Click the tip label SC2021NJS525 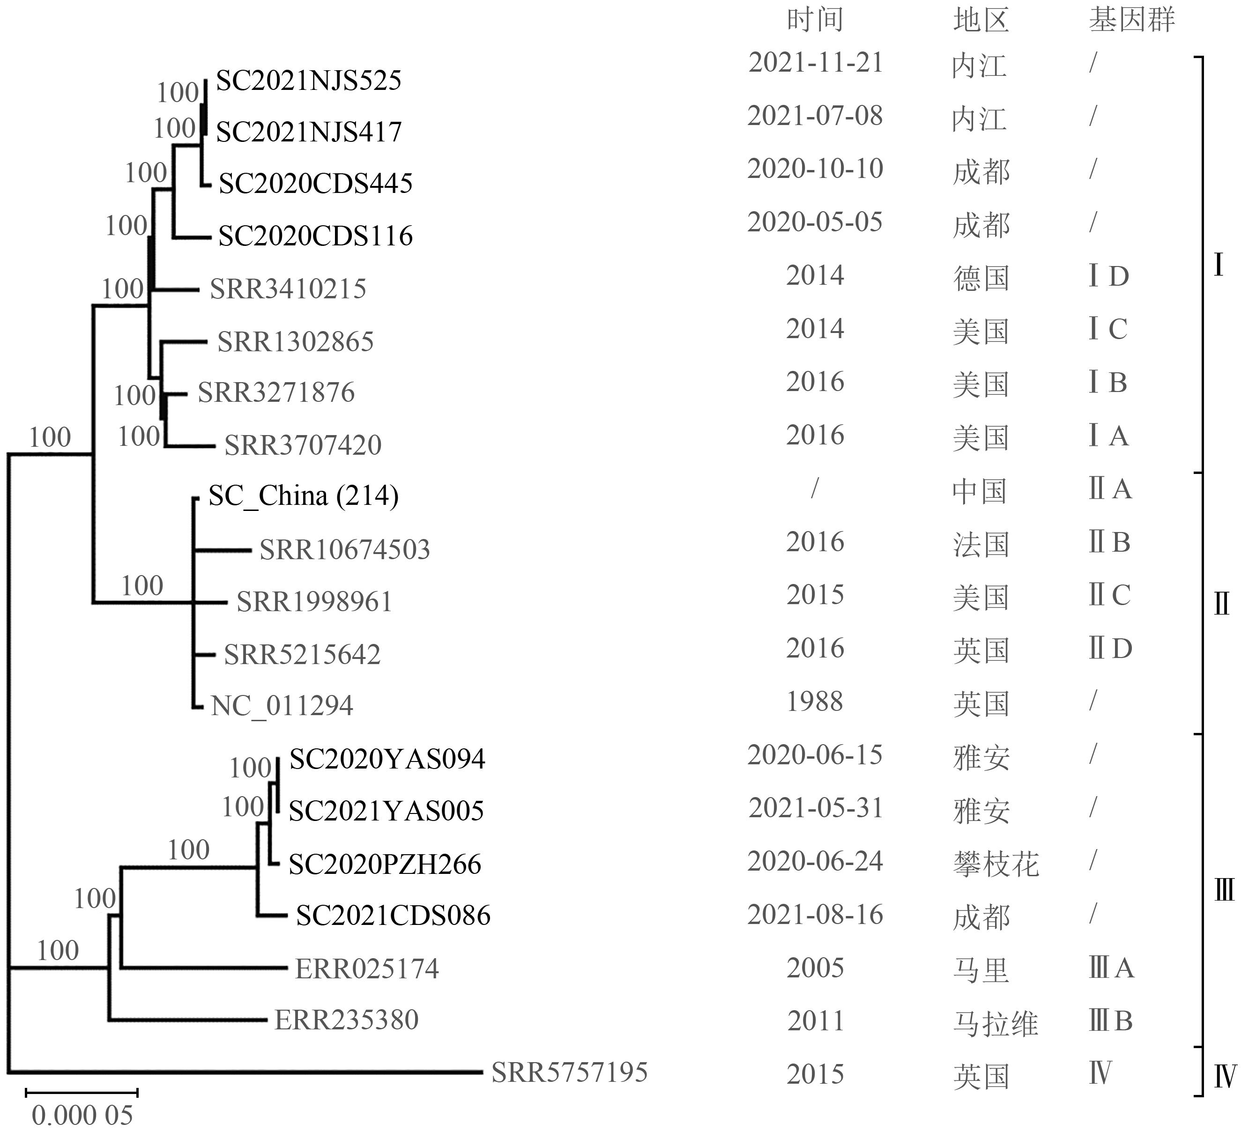click(308, 81)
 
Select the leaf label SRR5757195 click(569, 1072)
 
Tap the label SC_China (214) click(304, 495)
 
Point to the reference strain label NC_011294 click(282, 706)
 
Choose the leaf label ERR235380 click(347, 1020)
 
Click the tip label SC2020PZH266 click(385, 864)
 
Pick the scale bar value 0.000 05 click(82, 1115)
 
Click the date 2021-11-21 click(816, 63)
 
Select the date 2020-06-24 click(815, 861)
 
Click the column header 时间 click(815, 20)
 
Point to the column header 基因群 click(1131, 20)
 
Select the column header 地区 click(981, 20)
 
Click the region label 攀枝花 click(996, 864)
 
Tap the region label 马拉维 click(996, 1023)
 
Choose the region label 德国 click(981, 278)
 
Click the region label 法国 click(981, 545)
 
